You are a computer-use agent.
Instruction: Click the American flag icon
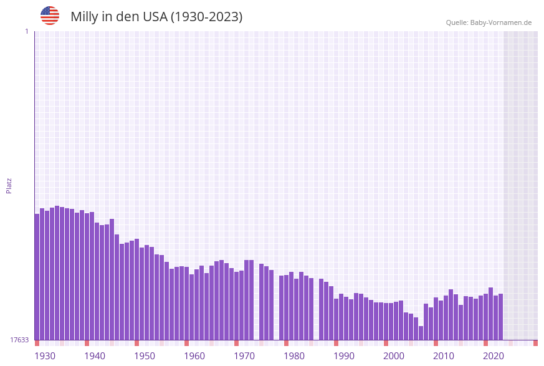50,16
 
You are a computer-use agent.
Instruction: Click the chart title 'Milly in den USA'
118,17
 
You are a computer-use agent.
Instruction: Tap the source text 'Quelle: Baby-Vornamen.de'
489,22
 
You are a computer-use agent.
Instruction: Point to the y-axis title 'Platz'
9,185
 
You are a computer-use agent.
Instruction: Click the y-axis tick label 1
26,31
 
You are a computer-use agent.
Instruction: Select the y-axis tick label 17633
19,340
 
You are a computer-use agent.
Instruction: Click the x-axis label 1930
44,356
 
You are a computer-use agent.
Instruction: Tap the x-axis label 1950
145,356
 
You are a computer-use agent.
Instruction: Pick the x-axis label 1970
244,356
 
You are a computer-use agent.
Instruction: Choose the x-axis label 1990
344,356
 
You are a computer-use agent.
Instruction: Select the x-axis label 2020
494,356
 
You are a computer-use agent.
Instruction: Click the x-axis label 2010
444,356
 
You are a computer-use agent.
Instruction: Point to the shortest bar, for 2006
421,333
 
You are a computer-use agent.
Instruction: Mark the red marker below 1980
286,343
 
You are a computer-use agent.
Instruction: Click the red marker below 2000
386,343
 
